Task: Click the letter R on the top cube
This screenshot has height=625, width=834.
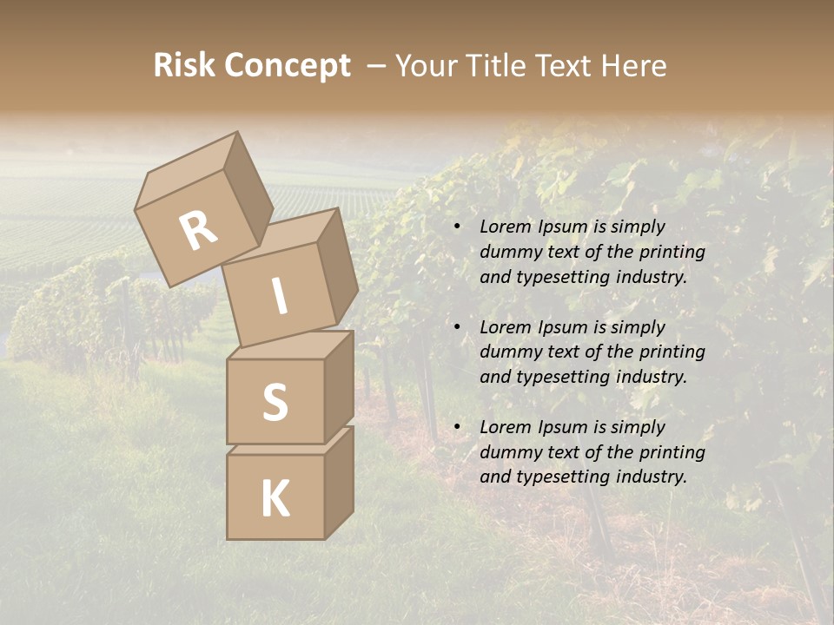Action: [198, 232]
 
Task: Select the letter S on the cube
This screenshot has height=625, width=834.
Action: [275, 402]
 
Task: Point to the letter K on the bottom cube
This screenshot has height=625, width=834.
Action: [275, 499]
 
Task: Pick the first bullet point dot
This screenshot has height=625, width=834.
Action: [457, 227]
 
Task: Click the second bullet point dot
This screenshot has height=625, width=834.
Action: [457, 327]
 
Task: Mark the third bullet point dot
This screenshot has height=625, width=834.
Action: [457, 427]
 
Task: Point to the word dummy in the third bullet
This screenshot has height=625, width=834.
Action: [506, 452]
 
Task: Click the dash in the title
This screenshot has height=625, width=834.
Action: [377, 66]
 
